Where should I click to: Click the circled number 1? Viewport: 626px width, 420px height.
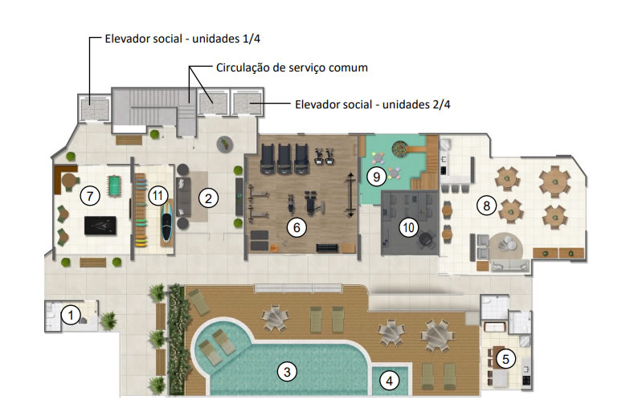point(71,315)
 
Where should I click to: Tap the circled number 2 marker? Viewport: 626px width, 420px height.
point(208,198)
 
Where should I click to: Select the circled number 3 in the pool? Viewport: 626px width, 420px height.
point(287,372)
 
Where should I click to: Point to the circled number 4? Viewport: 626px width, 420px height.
point(389,381)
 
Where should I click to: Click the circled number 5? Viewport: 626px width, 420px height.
point(505,360)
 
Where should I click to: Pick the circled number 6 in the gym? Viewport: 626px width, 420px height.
point(297,227)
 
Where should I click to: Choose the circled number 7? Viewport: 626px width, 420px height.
point(90,196)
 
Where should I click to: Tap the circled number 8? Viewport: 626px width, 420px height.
point(487,206)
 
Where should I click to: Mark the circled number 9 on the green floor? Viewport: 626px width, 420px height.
point(376,177)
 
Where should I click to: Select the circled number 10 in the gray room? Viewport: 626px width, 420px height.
point(409,227)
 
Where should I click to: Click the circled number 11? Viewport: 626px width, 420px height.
point(158,196)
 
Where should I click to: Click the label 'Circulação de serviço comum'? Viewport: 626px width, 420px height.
point(292,67)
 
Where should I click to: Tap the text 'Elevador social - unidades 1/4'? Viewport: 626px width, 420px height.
point(182,39)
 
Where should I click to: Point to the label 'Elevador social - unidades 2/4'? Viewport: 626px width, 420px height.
point(373,104)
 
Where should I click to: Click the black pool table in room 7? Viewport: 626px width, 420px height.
point(100,226)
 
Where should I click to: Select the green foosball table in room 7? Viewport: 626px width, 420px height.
point(115,186)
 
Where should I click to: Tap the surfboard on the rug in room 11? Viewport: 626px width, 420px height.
point(167,222)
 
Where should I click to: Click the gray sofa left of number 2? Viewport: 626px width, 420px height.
point(183,197)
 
